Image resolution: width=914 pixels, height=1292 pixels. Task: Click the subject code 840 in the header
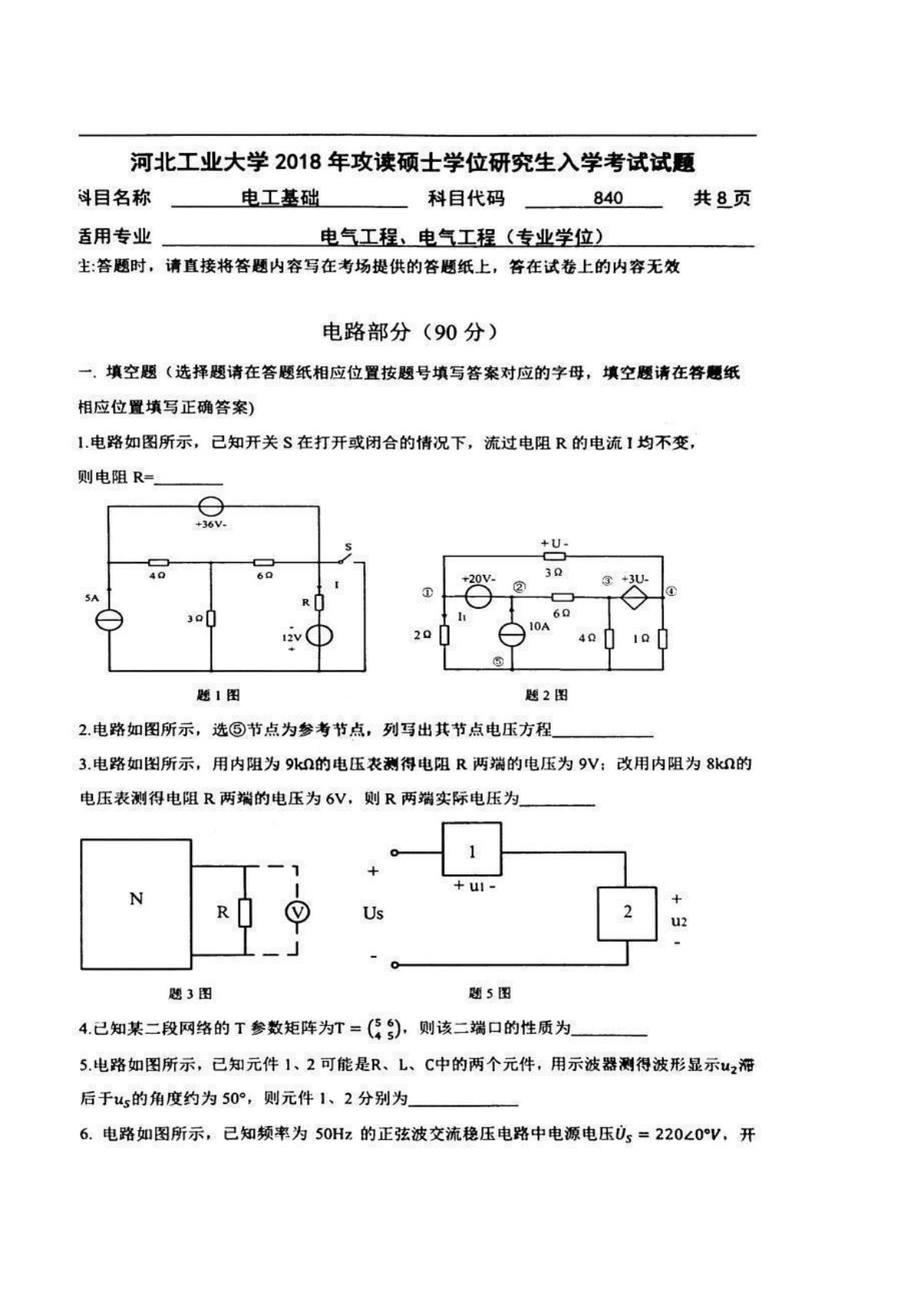608,198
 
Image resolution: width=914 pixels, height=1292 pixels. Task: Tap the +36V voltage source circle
210,507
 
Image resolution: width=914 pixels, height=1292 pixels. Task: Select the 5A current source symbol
109,620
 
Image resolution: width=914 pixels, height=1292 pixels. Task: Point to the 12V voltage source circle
319,636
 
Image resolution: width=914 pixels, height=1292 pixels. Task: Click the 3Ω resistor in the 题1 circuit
210,618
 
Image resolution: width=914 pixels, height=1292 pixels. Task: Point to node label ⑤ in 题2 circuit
498,662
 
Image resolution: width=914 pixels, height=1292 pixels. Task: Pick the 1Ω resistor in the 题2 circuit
662,638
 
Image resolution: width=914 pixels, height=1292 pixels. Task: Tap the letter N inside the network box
136,899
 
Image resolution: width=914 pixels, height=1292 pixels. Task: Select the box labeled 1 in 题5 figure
472,850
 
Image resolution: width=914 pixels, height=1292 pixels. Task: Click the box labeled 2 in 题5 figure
628,913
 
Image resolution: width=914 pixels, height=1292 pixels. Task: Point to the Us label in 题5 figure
373,914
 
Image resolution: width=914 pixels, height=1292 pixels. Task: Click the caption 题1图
218,696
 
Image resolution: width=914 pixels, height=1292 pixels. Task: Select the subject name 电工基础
280,198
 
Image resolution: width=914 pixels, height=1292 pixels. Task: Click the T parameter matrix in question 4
384,1029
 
